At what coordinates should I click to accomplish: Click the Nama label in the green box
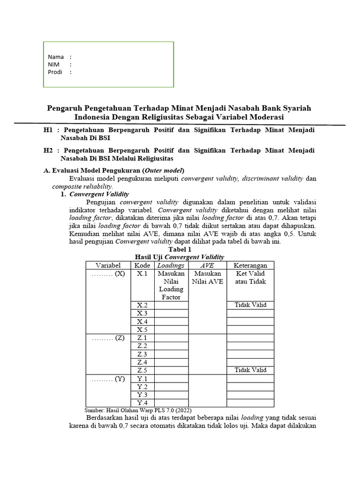point(56,57)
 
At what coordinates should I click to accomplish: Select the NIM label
point(53,64)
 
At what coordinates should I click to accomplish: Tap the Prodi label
point(55,72)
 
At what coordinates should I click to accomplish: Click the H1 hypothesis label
point(48,129)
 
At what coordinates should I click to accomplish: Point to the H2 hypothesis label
point(48,150)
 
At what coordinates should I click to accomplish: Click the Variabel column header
point(108,265)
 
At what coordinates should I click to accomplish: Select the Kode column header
point(142,265)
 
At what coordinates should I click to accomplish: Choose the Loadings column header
point(171,265)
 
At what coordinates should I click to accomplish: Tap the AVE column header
point(207,265)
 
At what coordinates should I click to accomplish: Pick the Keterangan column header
point(250,265)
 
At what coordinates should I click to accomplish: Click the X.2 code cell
point(142,305)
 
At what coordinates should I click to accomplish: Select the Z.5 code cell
point(142,370)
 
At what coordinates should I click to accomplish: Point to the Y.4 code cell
point(142,403)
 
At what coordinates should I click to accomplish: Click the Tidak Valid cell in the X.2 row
point(250,305)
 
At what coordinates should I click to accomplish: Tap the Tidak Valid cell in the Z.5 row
point(250,370)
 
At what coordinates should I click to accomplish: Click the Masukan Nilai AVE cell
point(207,277)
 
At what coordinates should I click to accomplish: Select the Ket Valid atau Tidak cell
point(250,277)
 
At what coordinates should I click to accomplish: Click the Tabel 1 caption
point(180,249)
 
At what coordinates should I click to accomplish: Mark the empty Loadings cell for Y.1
point(171,379)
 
